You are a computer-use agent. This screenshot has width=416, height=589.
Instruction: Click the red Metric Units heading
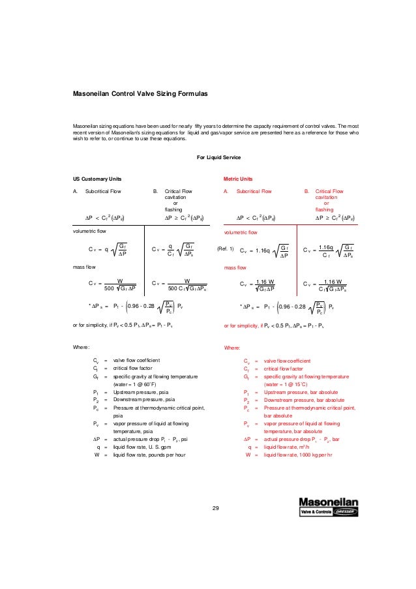tap(239, 178)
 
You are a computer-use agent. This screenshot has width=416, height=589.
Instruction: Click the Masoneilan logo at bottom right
tap(325, 507)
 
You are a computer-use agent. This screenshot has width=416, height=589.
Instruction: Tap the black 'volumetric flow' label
tap(89, 232)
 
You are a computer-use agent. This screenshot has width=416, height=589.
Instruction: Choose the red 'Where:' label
tap(232, 348)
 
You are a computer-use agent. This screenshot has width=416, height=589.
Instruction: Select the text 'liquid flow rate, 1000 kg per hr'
tap(304, 455)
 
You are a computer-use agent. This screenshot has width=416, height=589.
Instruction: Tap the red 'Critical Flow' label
tap(329, 192)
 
